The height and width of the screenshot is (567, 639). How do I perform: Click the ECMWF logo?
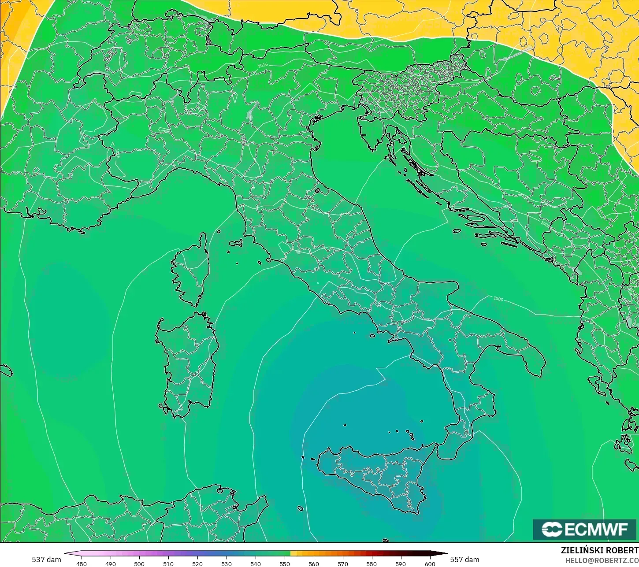[585, 529]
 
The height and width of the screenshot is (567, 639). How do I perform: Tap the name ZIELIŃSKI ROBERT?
[599, 551]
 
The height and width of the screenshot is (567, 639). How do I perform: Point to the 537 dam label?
[46, 560]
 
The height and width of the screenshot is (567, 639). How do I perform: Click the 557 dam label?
[464, 560]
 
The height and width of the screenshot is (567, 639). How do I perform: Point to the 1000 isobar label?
[498, 299]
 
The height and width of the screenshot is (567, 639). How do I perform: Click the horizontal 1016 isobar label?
[263, 65]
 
